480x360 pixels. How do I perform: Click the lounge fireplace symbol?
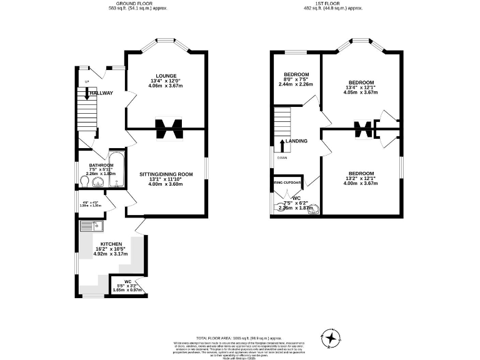coord(167,129)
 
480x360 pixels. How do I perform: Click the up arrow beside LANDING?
coord(283,145)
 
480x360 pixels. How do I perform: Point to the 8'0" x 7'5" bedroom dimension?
coord(297,79)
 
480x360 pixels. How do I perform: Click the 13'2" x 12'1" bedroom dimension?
coord(361,179)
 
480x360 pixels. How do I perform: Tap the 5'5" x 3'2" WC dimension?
coord(127,285)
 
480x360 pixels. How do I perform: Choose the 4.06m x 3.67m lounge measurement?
coord(167,86)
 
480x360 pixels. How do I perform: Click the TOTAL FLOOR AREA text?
coord(239,336)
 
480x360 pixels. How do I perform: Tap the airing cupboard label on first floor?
coord(288,183)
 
